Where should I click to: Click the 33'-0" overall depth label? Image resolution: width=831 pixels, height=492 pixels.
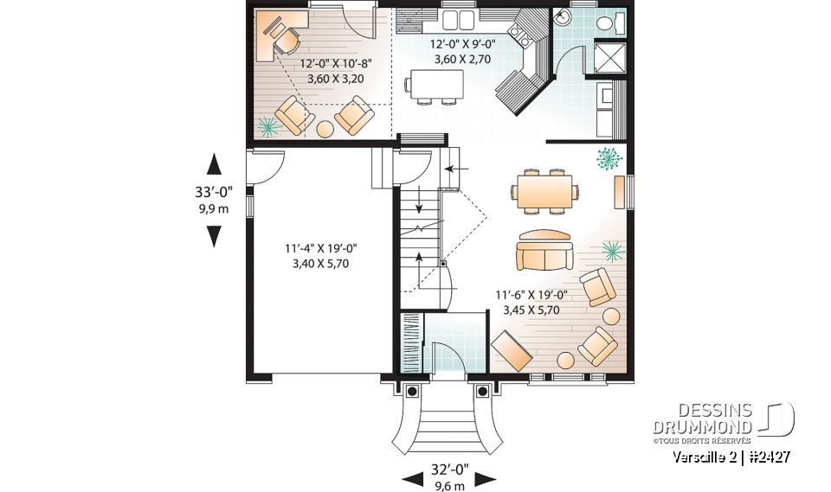point(214,193)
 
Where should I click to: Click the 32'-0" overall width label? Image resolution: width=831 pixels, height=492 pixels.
point(449,470)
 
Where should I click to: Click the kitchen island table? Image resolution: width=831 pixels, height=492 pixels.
point(434,84)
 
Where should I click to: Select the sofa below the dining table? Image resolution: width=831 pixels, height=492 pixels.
point(544,251)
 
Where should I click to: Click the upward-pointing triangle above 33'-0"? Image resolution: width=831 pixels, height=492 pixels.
point(214,164)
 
